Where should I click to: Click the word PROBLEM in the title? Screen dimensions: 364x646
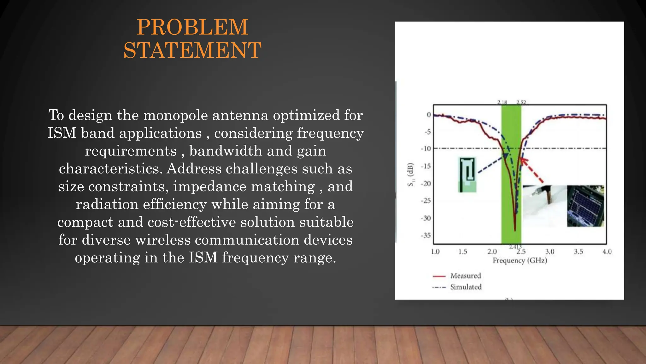192,27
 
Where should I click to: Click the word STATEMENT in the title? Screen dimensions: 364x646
192,51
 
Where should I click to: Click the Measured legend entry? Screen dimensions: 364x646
465,276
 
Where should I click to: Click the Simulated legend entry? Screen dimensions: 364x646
466,287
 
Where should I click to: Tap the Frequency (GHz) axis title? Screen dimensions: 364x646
520,260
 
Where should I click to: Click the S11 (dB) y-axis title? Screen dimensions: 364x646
410,175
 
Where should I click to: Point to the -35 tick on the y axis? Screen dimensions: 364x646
426,235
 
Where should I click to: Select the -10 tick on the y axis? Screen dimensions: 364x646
426,149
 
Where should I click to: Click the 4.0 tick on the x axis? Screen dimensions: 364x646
607,252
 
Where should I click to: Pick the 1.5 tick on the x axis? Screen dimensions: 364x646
463,252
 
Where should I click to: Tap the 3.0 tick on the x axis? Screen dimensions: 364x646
549,252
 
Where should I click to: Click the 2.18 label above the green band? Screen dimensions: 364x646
502,102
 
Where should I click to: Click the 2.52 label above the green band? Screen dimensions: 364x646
521,102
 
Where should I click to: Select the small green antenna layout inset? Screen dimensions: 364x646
467,175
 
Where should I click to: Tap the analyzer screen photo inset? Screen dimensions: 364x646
585,206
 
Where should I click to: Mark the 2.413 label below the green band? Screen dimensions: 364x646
515,247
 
